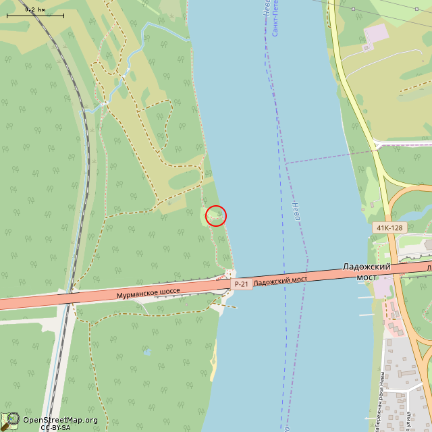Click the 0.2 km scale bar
(35, 13)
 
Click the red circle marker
(215, 215)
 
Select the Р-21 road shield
(241, 284)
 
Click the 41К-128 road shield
(389, 227)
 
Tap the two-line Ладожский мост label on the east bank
(367, 271)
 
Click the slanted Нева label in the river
(296, 211)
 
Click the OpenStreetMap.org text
(60, 420)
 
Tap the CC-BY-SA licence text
(55, 427)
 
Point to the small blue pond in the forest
(146, 352)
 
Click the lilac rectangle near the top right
(375, 32)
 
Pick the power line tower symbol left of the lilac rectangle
(353, 8)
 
